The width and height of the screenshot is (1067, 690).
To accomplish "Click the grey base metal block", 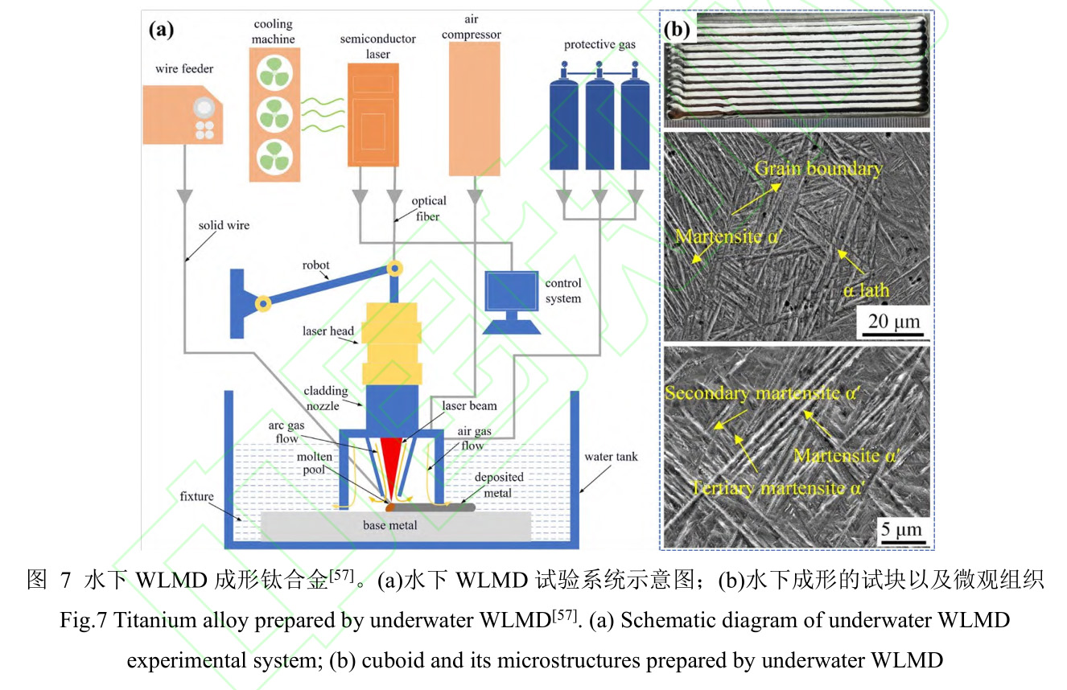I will point(396,526).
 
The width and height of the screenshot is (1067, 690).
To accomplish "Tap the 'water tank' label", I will point(611,457).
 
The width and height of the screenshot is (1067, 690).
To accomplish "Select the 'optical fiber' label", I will point(429,207).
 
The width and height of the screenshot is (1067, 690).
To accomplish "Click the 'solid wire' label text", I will point(224,225).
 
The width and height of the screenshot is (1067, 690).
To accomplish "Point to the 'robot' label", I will point(317,265).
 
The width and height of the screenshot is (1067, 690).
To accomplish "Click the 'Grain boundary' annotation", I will point(818,168).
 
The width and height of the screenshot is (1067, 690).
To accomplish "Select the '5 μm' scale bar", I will point(899,531).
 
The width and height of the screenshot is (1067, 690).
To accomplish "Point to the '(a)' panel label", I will point(160,31).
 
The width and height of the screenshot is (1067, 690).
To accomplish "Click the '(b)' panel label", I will point(678,31).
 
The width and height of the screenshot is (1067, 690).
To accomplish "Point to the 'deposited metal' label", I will point(499,483).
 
